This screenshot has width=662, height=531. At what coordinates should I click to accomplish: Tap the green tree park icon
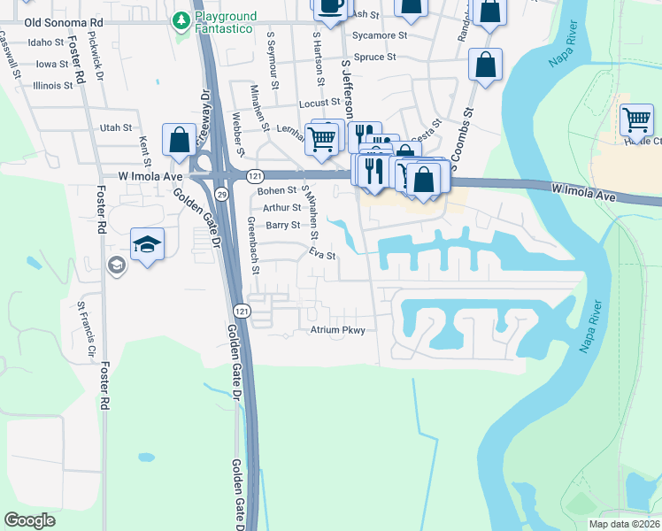tap(181, 19)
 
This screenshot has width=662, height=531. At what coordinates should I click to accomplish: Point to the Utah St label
tap(115, 127)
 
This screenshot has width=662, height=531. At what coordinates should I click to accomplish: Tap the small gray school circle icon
tap(117, 265)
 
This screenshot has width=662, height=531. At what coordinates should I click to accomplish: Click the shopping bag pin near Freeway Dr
tap(179, 141)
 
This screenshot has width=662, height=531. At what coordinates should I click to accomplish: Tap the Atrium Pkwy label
tap(337, 330)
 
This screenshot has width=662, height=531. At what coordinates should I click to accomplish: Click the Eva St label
tap(322, 255)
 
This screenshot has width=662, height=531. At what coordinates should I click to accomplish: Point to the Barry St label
tap(284, 226)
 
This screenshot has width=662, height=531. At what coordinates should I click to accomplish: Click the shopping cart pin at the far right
tap(636, 120)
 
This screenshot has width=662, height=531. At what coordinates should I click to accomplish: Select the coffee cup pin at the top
tap(330, 6)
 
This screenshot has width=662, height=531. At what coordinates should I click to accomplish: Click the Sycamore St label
tap(379, 35)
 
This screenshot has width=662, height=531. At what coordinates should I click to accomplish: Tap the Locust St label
tap(319, 104)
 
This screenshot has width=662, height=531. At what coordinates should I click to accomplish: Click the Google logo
tap(30, 520)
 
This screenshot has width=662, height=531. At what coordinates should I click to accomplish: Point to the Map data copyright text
tap(624, 524)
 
